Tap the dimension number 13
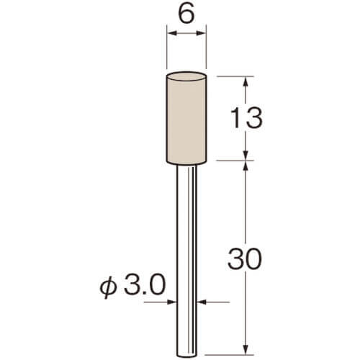click(246, 118)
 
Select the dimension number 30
click(244, 259)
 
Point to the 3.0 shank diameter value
click(145, 285)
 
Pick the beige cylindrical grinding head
click(186, 118)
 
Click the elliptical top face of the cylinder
click(186, 77)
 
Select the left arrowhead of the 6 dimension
click(172, 33)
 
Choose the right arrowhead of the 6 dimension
click(201, 33)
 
